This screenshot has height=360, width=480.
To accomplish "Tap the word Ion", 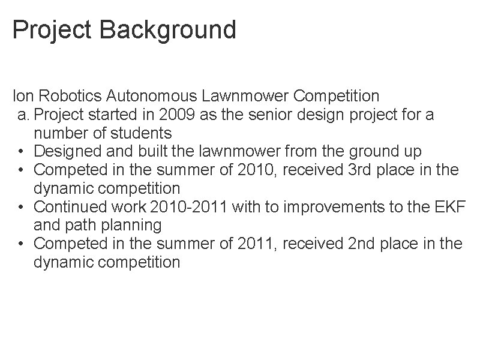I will click(x=22, y=95).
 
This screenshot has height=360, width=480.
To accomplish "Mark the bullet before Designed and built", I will click(x=21, y=152).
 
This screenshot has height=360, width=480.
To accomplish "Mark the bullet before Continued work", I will click(x=21, y=208).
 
